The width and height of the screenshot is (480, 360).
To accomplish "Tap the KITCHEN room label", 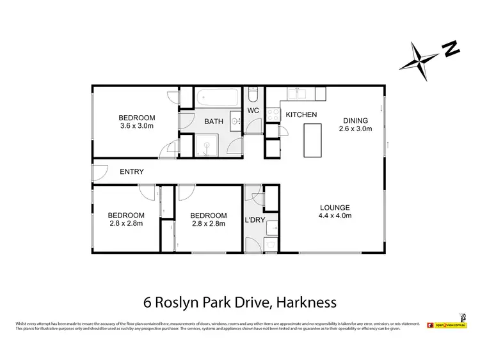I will click(301, 114).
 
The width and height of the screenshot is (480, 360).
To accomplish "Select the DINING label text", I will click(355, 120).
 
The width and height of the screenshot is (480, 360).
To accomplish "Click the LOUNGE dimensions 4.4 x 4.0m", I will click(335, 215).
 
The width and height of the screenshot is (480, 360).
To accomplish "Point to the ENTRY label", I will click(132, 171).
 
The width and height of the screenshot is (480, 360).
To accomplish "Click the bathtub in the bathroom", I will click(218, 98).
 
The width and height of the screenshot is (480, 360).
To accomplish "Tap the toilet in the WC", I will click(253, 97).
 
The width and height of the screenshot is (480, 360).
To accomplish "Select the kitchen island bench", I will click(314, 140).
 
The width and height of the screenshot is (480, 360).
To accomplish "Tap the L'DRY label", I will click(255, 221).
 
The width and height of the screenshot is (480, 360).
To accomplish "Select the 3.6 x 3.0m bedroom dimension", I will click(137, 126).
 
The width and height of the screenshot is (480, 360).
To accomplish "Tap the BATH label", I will click(213, 121).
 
